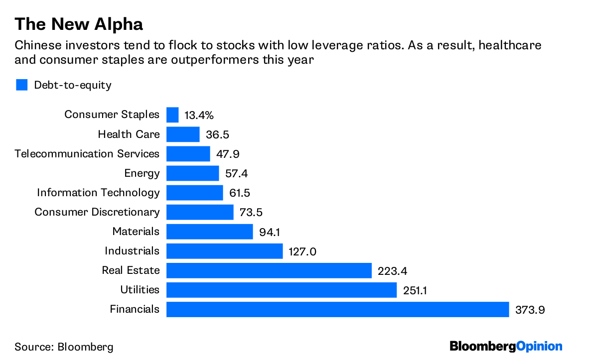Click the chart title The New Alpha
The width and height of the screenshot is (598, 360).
click(x=79, y=24)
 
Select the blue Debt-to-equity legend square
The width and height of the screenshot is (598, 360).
click(x=21, y=85)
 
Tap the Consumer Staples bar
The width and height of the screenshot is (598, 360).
click(x=172, y=115)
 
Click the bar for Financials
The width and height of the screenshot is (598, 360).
click(x=337, y=309)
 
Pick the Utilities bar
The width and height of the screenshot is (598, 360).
click(x=281, y=290)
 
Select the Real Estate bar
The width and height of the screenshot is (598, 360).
click(x=269, y=270)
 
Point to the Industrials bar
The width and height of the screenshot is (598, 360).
click(x=224, y=251)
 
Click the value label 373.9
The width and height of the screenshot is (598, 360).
click(x=530, y=310)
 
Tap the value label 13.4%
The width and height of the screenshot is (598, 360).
click(x=199, y=116)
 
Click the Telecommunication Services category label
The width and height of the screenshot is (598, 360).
click(x=87, y=154)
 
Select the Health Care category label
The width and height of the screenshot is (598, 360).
click(x=129, y=134)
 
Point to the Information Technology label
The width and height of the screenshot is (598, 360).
click(x=98, y=193)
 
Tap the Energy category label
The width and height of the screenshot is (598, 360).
click(x=142, y=173)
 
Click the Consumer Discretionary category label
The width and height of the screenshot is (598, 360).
click(x=97, y=212)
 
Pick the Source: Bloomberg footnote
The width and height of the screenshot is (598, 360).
click(x=64, y=347)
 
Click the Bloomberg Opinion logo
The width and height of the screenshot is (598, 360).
click(x=506, y=346)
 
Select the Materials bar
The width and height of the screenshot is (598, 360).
click(x=210, y=232)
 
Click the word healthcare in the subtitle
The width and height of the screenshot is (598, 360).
click(x=513, y=46)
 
